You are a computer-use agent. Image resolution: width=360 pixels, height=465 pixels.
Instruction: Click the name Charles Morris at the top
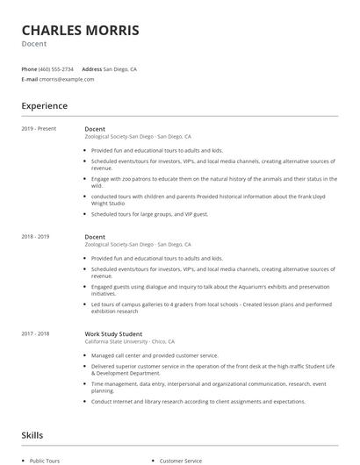tap(80, 31)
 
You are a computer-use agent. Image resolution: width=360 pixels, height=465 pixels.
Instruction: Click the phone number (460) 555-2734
tap(57, 68)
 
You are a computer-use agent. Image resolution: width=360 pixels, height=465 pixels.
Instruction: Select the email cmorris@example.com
tap(67, 79)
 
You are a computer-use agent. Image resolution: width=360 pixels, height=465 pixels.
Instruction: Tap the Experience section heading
tap(44, 106)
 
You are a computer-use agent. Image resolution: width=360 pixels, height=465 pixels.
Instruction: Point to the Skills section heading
tap(32, 435)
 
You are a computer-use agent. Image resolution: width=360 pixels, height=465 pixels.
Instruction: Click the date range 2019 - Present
tap(40, 128)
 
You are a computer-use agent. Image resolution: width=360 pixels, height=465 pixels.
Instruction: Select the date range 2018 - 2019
tap(36, 236)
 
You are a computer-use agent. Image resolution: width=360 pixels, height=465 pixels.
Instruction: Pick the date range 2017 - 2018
tap(36, 333)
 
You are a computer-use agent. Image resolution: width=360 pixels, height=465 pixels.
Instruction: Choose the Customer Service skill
tap(180, 460)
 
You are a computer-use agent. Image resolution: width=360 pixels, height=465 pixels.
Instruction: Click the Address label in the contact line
tap(91, 68)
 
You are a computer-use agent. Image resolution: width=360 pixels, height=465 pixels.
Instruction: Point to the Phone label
tap(29, 68)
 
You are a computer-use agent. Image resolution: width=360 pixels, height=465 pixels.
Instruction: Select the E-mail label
tap(29, 79)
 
